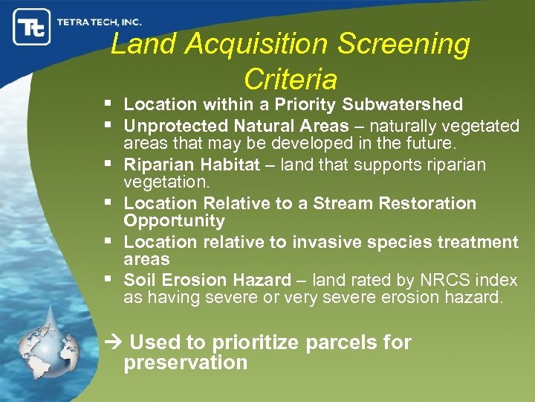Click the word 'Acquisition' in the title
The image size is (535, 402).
point(256,45)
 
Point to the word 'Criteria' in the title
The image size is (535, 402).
point(290,79)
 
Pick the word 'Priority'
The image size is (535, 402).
point(312,104)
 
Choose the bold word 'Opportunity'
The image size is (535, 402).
point(174,220)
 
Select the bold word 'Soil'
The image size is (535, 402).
point(138,280)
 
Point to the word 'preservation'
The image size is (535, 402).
point(185,363)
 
